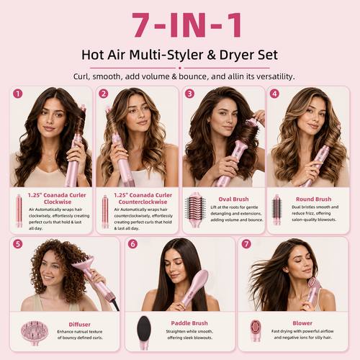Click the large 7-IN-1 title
186,25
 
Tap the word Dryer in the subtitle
236,55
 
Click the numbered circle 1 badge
18,94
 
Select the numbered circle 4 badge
274,94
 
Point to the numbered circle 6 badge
132,244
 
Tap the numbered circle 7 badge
246,244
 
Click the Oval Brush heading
233,199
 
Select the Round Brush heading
313,199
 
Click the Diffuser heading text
80,325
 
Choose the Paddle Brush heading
189,323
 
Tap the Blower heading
302,323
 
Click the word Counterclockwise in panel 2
143,202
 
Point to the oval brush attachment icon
195,210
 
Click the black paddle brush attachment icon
144,332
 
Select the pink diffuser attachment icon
35,333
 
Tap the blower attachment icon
256,330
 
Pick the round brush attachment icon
276,210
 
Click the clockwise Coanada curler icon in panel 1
19,211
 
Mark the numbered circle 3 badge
189,94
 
